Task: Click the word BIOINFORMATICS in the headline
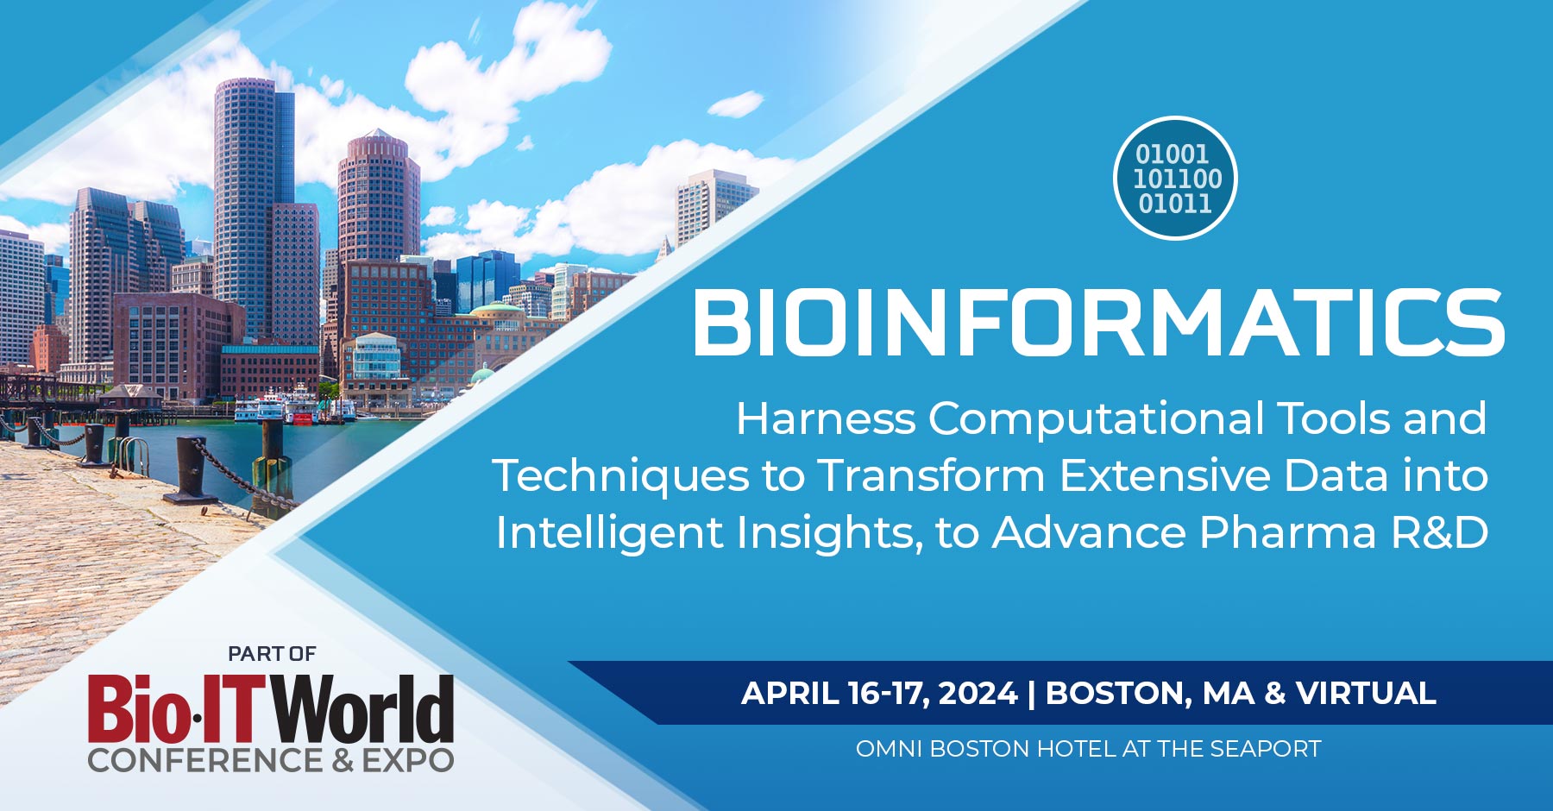tap(1097, 323)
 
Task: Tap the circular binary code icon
tap(1176, 179)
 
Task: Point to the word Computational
tap(1096, 418)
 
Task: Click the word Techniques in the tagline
tap(620, 476)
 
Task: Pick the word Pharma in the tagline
tap(1288, 532)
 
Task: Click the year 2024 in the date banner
tap(978, 694)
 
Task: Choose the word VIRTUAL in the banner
tap(1366, 694)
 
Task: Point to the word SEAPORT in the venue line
tap(1265, 749)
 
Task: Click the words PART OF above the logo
tap(272, 654)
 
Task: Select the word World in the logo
tap(363, 710)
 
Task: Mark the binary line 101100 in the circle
tap(1177, 179)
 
